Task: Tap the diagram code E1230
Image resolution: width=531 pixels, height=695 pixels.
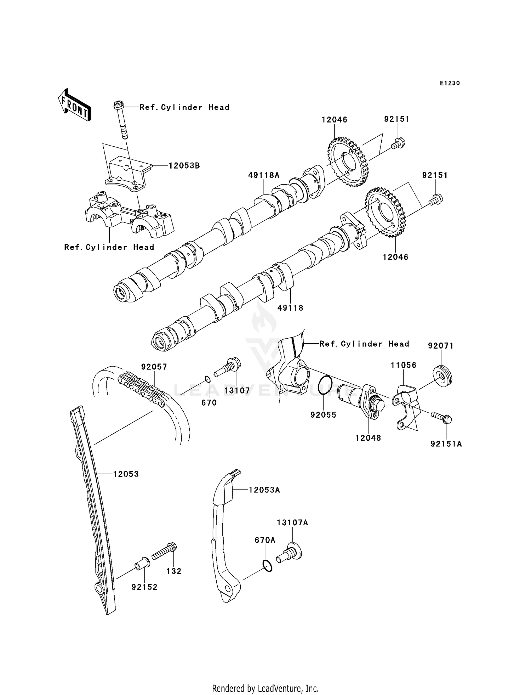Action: pyautogui.click(x=450, y=83)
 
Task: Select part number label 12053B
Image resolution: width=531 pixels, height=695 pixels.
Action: pyautogui.click(x=184, y=165)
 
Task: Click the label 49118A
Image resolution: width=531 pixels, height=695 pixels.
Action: pyautogui.click(x=264, y=175)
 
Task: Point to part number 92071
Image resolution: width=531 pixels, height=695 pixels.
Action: pyautogui.click(x=440, y=345)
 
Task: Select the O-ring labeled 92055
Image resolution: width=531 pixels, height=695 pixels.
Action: pyautogui.click(x=325, y=385)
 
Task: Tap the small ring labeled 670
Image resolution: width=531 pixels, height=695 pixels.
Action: pyautogui.click(x=208, y=380)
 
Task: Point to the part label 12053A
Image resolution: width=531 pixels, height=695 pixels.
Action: pyautogui.click(x=264, y=490)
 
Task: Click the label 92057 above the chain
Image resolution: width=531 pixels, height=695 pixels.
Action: pyautogui.click(x=154, y=367)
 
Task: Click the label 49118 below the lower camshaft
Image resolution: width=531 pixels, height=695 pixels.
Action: pyautogui.click(x=290, y=308)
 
